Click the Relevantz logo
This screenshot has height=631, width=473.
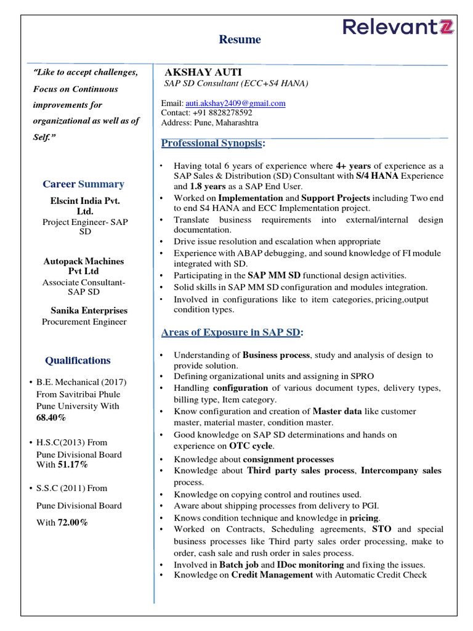(398, 27)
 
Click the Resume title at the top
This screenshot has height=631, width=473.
(240, 39)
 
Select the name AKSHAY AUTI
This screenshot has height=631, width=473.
(194, 72)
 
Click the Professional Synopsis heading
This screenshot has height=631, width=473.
(212, 144)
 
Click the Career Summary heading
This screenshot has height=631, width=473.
(83, 184)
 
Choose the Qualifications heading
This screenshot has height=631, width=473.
(78, 360)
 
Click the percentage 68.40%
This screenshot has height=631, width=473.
(51, 418)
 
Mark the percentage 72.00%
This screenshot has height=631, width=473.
(73, 523)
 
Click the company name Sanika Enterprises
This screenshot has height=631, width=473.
(88, 311)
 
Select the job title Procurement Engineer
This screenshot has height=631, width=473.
(84, 322)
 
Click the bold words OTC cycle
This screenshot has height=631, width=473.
(251, 446)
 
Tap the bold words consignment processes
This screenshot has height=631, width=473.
(288, 460)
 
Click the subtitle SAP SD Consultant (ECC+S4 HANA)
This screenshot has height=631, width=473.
(236, 84)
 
